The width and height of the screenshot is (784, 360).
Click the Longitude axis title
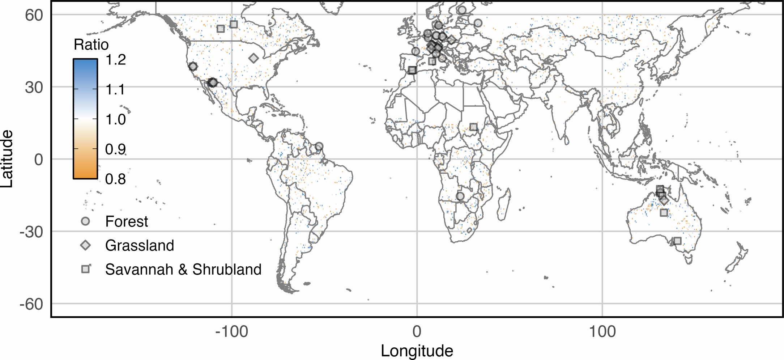click(417, 351)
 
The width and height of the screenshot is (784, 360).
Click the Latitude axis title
click(7, 159)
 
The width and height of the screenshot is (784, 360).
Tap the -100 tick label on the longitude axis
click(231, 331)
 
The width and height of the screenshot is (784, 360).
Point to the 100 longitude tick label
click(602, 331)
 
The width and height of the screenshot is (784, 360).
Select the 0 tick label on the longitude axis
click(417, 331)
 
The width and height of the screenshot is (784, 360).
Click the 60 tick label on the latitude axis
click(34, 15)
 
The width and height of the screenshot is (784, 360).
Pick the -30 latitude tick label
click(31, 232)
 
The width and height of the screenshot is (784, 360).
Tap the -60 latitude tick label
click(31, 304)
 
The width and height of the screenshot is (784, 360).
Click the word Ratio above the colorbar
click(91, 45)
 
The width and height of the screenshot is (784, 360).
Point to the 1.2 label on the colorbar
click(115, 60)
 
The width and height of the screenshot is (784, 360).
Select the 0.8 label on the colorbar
click(115, 179)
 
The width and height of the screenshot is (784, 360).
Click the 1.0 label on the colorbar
click(115, 119)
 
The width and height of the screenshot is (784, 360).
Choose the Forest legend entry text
click(127, 221)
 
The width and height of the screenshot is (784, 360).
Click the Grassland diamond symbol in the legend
click(85, 245)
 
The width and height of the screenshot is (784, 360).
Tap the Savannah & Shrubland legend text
click(183, 269)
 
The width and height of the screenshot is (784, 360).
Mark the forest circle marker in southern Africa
click(460, 196)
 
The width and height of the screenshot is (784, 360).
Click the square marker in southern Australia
click(677, 241)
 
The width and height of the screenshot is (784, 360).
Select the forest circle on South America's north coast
click(319, 147)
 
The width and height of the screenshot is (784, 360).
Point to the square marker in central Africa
click(473, 127)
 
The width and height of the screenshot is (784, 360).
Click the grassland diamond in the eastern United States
click(253, 58)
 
